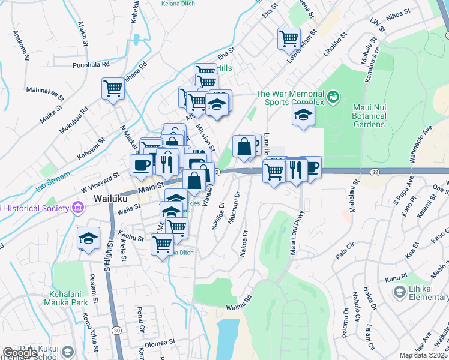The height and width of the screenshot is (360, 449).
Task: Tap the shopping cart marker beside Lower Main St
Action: point(289,38)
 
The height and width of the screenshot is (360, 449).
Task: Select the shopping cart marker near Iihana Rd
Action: point(113,89)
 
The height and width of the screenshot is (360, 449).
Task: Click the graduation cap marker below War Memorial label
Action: point(304,115)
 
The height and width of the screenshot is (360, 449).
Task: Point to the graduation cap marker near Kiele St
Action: point(88,239)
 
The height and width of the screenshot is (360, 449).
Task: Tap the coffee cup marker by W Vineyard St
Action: point(141,165)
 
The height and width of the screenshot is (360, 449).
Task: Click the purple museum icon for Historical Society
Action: point(77,208)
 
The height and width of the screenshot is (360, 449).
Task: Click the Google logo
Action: point(19,353)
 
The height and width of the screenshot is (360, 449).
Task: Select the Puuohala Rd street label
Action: point(91,64)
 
